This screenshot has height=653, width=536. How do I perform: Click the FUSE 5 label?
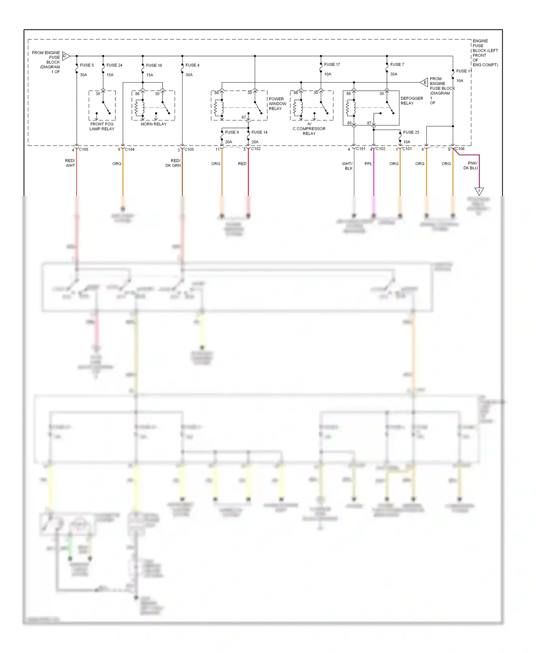(x=87, y=65)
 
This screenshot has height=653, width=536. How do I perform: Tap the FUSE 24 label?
(x=114, y=65)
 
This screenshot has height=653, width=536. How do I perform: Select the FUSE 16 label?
(x=154, y=65)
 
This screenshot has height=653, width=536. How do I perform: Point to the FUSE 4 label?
(x=192, y=65)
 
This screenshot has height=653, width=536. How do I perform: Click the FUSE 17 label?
(x=332, y=64)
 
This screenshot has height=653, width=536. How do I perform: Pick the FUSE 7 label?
(x=397, y=64)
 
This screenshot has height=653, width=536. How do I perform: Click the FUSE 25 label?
(x=411, y=132)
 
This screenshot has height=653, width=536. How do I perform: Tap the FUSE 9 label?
(x=232, y=132)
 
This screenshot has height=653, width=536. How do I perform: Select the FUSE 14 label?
(x=259, y=132)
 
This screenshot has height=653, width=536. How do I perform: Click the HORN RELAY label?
(x=154, y=124)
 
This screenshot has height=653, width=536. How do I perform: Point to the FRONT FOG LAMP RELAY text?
(x=102, y=126)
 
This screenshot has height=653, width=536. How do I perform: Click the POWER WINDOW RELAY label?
(x=277, y=104)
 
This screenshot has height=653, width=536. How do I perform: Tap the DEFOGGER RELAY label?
(x=412, y=101)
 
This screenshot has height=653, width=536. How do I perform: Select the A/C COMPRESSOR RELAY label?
(x=309, y=129)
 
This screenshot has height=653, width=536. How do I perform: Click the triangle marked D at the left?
(x=66, y=56)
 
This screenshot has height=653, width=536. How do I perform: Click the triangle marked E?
(x=424, y=83)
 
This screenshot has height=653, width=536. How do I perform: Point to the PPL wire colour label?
(x=368, y=164)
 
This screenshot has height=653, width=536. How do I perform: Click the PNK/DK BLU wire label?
(x=471, y=165)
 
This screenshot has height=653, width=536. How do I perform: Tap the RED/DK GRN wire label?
(x=174, y=163)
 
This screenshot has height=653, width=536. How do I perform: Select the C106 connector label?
(x=460, y=149)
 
